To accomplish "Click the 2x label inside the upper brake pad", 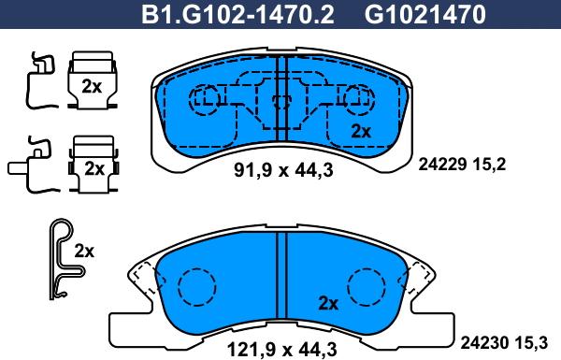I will pos(361,132).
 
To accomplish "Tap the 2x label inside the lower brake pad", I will pos(326,303).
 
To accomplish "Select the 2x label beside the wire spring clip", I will pos(84,251).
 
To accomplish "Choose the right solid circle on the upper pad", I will pos(356,96).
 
